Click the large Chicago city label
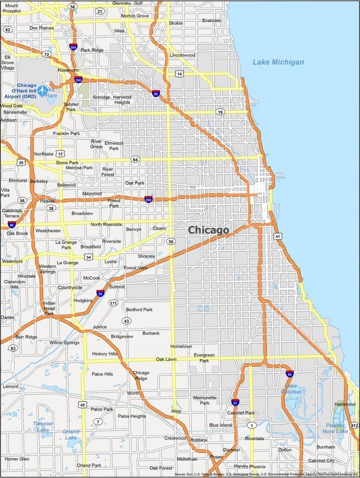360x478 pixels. pyautogui.click(x=208, y=230)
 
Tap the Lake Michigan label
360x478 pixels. pyautogui.click(x=278, y=62)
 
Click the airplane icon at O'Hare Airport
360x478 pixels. pyautogui.click(x=44, y=90)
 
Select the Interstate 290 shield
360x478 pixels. pyautogui.click(x=148, y=199)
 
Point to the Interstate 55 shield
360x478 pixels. pyautogui.click(x=101, y=293)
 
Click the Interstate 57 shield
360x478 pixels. pyautogui.click(x=235, y=402)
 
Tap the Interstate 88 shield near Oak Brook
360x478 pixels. pyautogui.click(x=12, y=224)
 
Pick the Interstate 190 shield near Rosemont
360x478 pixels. pyautogui.click(x=78, y=79)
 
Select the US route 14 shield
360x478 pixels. pyautogui.click(x=180, y=74)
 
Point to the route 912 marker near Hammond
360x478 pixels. pyautogui.click(x=355, y=425)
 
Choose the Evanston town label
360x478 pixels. pyautogui.click(x=211, y=21)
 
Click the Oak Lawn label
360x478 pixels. pyautogui.click(x=166, y=359)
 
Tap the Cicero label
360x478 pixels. pyautogui.click(x=159, y=228)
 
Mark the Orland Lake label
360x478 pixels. pyautogui.click(x=71, y=434)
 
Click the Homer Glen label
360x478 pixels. pyautogui.click(x=17, y=459)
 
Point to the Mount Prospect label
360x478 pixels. pyautogui.click(x=12, y=9)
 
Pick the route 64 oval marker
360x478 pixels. pyautogui.click(x=135, y=159)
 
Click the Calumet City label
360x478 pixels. pyautogui.click(x=321, y=460)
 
